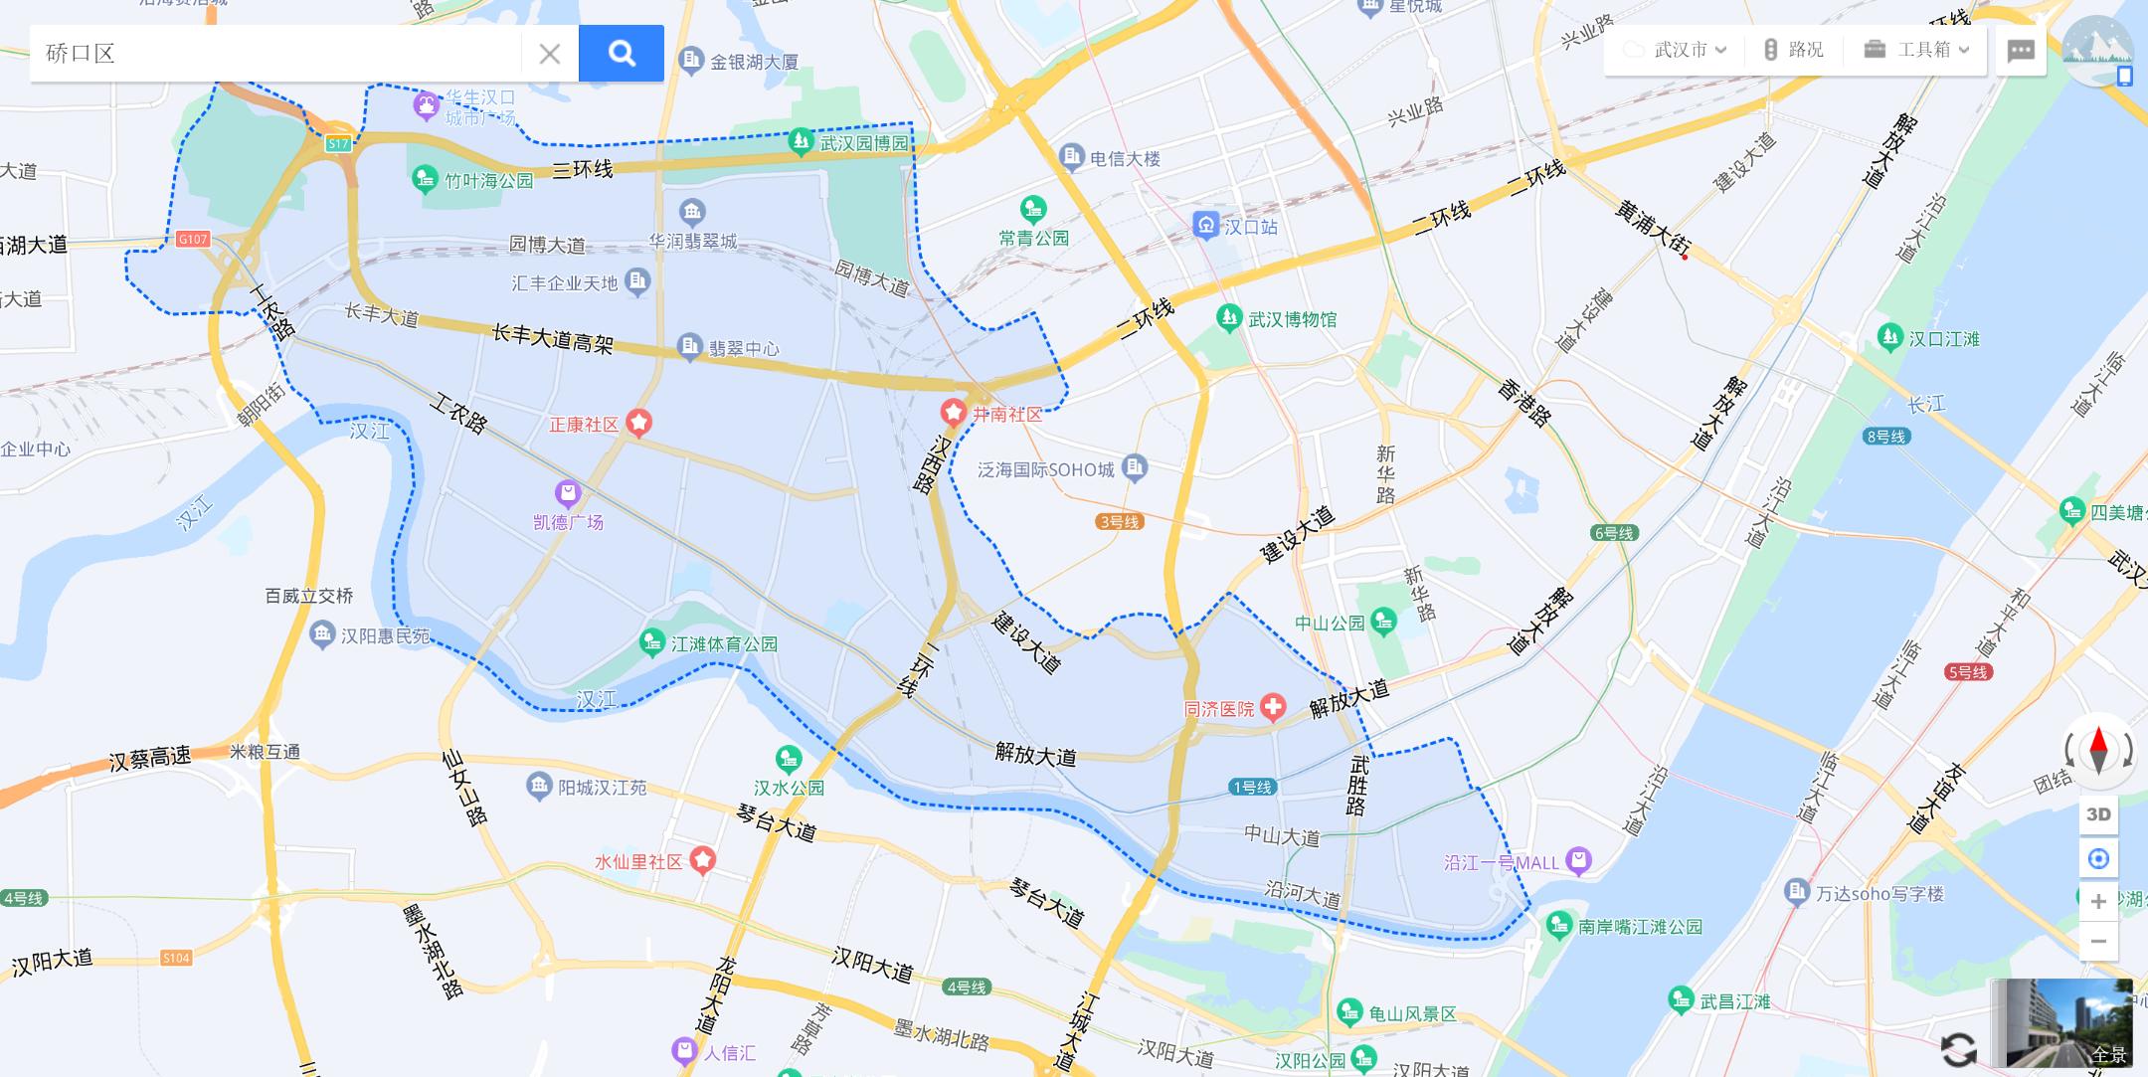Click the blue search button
pyautogui.click(x=622, y=53)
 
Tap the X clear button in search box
pyautogui.click(x=549, y=54)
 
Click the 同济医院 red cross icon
pyautogui.click(x=1272, y=708)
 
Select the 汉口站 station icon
pyautogui.click(x=1205, y=226)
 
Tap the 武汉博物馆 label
pyautogui.click(x=1292, y=319)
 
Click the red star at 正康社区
pyautogui.click(x=638, y=424)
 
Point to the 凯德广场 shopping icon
pyautogui.click(x=568, y=492)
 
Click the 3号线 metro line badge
pyautogui.click(x=1119, y=521)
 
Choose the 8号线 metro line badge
pyautogui.click(x=1886, y=436)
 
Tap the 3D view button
pyautogui.click(x=2098, y=814)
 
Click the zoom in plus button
pyautogui.click(x=2098, y=901)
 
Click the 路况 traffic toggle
pyautogui.click(x=1794, y=50)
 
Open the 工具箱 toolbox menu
pyautogui.click(x=1916, y=50)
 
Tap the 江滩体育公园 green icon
pyautogui.click(x=652, y=643)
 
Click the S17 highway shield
pyautogui.click(x=338, y=144)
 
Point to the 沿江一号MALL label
pyautogui.click(x=1502, y=863)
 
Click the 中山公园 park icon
pyautogui.click(x=1383, y=623)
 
